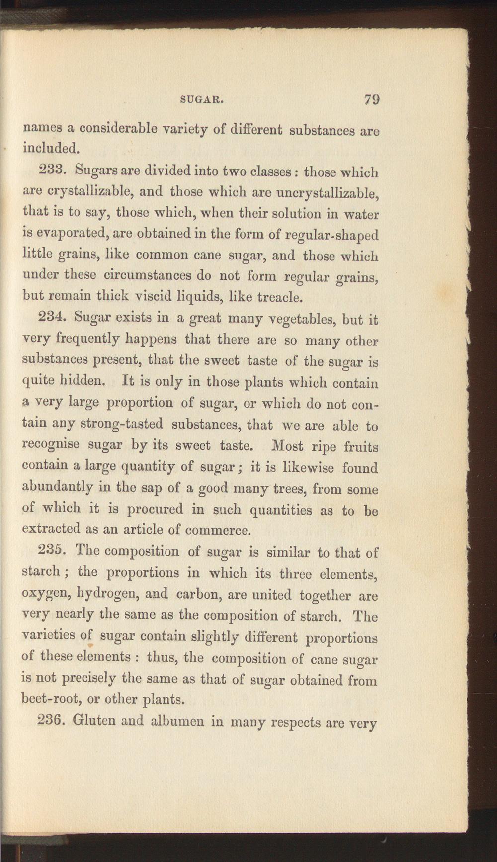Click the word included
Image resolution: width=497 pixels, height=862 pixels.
52,148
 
